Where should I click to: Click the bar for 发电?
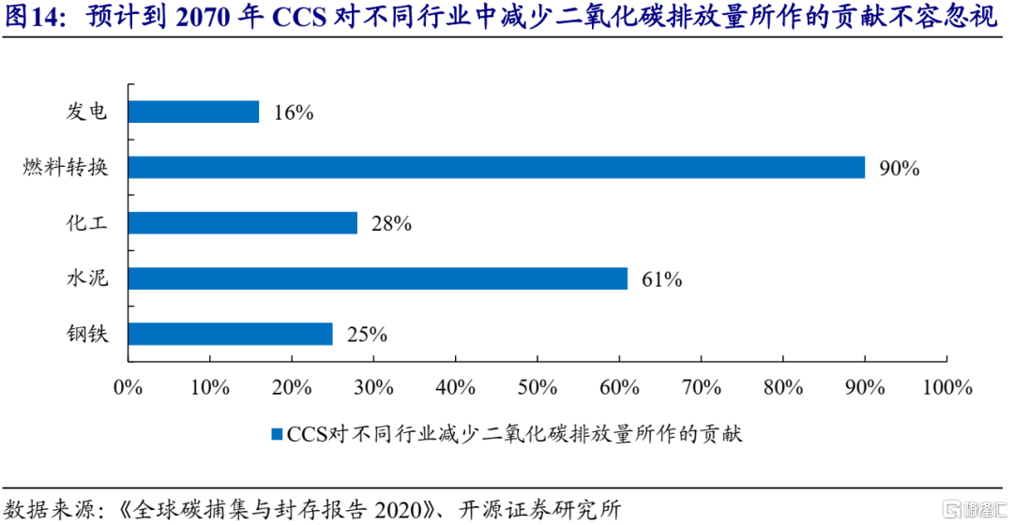click(193, 112)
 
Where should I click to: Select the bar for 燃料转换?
click(496, 168)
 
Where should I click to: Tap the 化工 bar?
click(242, 223)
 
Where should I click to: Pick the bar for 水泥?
click(377, 278)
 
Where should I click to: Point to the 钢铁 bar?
click(230, 334)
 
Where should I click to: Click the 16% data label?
click(294, 113)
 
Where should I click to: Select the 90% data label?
click(900, 169)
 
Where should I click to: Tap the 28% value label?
click(392, 224)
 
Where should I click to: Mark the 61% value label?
click(661, 279)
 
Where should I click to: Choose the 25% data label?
click(367, 335)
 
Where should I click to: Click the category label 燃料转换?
click(67, 168)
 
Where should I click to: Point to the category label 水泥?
click(87, 278)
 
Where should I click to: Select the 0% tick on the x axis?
click(128, 386)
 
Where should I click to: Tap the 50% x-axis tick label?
click(537, 386)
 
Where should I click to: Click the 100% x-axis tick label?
click(946, 386)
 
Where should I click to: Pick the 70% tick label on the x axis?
click(701, 386)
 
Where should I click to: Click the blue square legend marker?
click(276, 433)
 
